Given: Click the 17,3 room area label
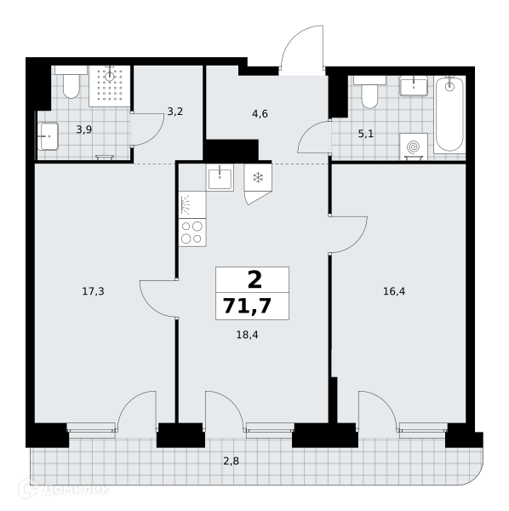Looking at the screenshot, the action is pyautogui.click(x=93, y=291).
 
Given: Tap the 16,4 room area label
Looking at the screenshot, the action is pyautogui.click(x=394, y=291).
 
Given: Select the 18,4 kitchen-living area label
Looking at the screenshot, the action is pyautogui.click(x=247, y=335).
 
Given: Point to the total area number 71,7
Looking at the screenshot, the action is pyautogui.click(x=248, y=306).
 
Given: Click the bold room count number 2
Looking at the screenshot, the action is pyautogui.click(x=254, y=280).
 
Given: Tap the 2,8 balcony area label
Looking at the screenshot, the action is pyautogui.click(x=232, y=462).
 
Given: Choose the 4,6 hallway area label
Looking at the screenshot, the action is pyautogui.click(x=260, y=114).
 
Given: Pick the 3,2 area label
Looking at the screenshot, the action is pyautogui.click(x=175, y=112).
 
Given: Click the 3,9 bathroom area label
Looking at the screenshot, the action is pyautogui.click(x=84, y=129).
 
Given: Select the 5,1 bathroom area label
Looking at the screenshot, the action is pyautogui.click(x=366, y=134).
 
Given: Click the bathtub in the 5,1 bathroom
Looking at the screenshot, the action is pyautogui.click(x=449, y=114).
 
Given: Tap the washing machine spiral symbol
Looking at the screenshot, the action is pyautogui.click(x=414, y=146).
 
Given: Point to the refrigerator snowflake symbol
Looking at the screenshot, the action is pyautogui.click(x=258, y=178).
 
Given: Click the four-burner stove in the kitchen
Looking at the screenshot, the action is pyautogui.click(x=192, y=233).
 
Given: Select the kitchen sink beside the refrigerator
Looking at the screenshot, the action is pyautogui.click(x=220, y=178).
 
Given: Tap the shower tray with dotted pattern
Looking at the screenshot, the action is pyautogui.click(x=110, y=86).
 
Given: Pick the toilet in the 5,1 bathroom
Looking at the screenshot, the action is pyautogui.click(x=369, y=92).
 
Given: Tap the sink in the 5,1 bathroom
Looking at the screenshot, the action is pyautogui.click(x=414, y=86).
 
